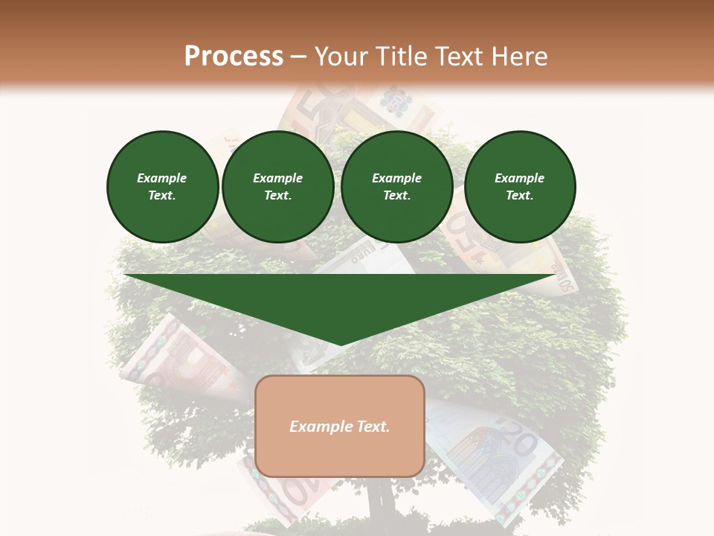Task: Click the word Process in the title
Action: pos(234,57)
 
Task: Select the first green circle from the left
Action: pos(162,187)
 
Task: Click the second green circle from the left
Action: pos(278,187)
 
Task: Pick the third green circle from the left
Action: pos(396,187)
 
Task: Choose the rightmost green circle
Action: pos(520,187)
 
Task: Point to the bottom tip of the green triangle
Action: pos(341,344)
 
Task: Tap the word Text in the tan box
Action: pos(372,427)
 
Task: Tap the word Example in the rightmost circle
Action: pos(520,178)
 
